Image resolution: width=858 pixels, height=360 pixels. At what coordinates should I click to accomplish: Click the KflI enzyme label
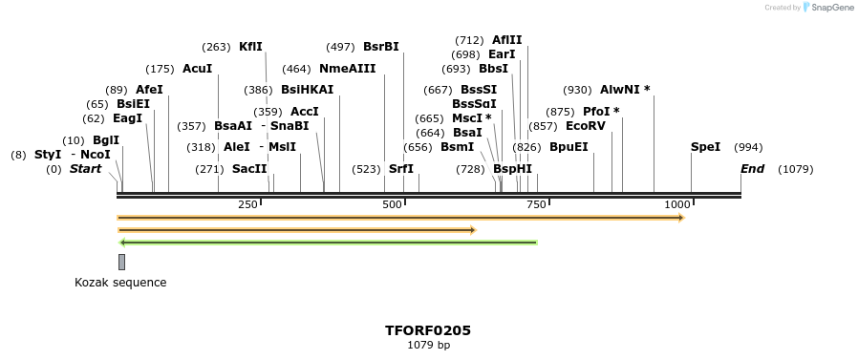coord(250,47)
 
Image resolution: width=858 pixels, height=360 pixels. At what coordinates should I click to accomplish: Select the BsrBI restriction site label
coord(380,47)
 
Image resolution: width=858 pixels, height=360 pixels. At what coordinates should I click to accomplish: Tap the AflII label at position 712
coord(506,40)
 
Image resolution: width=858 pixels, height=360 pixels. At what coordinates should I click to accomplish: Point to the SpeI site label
coord(705,147)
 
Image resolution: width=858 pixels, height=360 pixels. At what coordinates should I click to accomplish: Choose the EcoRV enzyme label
coord(585,126)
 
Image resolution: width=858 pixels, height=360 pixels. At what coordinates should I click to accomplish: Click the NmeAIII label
coord(347,69)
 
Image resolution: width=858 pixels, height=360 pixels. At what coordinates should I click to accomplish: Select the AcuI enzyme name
coord(197,69)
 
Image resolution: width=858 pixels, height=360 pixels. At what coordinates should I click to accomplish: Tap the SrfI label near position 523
coord(401,169)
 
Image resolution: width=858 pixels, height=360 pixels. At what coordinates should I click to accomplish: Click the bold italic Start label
coord(85,169)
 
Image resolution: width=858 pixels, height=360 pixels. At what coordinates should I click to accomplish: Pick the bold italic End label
coord(752,169)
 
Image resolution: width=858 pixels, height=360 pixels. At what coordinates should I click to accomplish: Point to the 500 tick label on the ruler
coord(392,205)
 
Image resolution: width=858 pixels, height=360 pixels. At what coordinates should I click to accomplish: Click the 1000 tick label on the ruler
coord(676,205)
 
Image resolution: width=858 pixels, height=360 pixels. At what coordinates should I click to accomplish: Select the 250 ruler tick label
coord(247,205)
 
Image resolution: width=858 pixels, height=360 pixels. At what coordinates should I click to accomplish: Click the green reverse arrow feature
coord(328,243)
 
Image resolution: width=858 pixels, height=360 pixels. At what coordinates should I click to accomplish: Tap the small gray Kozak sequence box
coord(121,262)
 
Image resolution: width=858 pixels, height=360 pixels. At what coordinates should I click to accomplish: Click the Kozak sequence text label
coord(120,283)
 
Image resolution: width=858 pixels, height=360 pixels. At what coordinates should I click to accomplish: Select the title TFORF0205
coord(428,330)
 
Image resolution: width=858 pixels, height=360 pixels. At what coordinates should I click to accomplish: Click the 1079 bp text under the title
coord(428,345)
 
